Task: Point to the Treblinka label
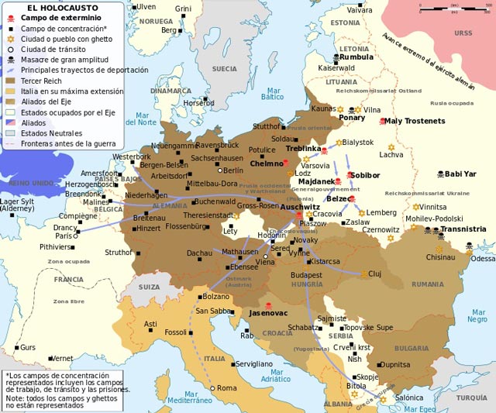[x=303, y=148]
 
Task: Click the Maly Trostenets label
[x=415, y=121]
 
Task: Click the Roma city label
[x=226, y=387]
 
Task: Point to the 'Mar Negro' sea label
[x=477, y=315]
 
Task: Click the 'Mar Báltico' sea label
[x=272, y=93]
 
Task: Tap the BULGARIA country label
[x=411, y=349]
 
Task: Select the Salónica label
[x=409, y=397]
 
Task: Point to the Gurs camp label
[x=27, y=347]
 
